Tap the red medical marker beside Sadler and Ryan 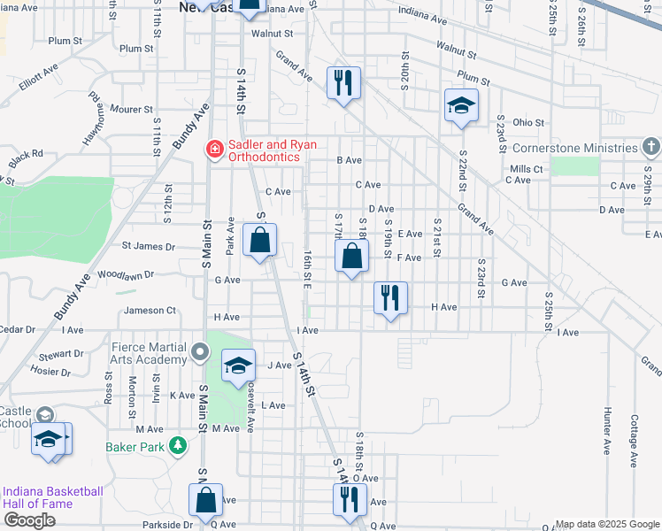point(213,150)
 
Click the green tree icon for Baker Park point(177,446)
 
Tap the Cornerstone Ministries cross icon point(651,146)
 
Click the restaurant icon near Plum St point(343,83)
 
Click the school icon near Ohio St point(460,105)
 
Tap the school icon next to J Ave point(238,366)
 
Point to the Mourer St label point(131,110)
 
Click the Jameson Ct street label point(150,311)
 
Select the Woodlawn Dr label point(126,274)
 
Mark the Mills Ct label point(526,168)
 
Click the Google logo point(29,520)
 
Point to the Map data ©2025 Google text point(606,524)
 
